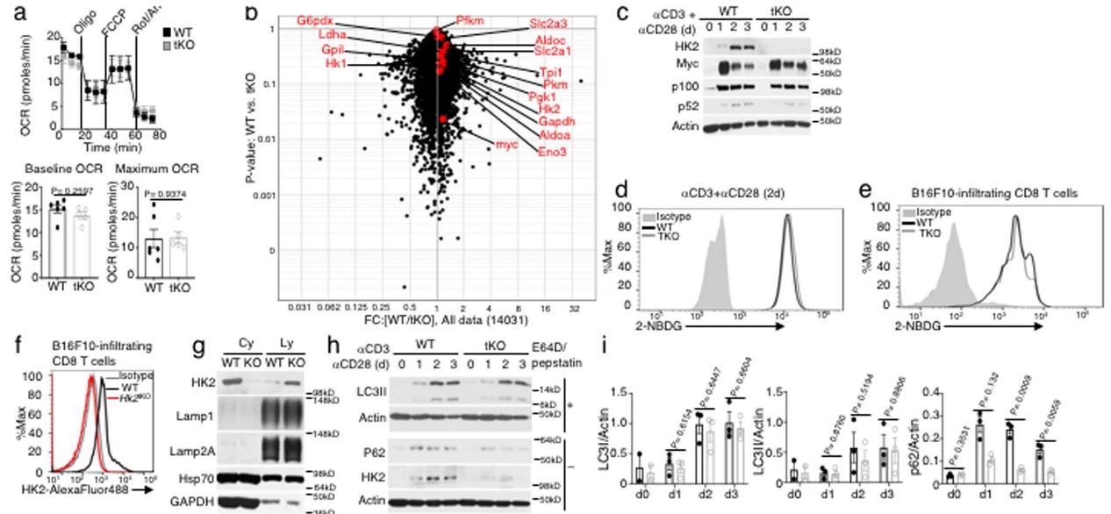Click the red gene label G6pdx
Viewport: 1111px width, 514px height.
tap(313, 19)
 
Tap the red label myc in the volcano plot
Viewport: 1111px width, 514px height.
tap(508, 143)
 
